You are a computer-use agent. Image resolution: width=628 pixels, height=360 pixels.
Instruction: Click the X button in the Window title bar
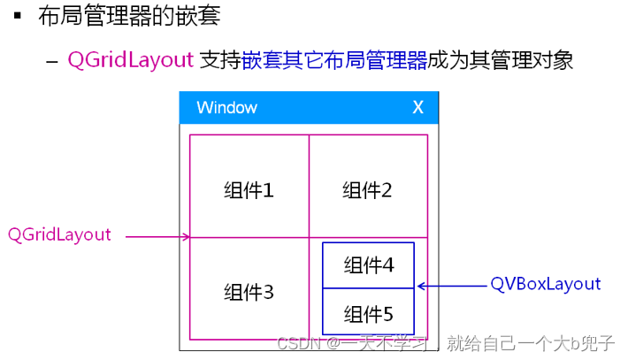(418, 108)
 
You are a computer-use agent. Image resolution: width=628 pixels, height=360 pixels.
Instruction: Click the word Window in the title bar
(226, 108)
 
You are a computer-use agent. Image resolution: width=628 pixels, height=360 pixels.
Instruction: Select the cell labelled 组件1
(249, 189)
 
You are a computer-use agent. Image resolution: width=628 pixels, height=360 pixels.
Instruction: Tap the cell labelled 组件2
(367, 189)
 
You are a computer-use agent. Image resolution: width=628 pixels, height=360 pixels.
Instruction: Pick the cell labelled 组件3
(249, 292)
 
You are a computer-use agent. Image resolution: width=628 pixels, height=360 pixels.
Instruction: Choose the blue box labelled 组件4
(368, 264)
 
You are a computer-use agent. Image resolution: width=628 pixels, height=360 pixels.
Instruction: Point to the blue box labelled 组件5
(368, 313)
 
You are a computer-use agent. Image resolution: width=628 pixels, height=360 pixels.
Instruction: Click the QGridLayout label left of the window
(59, 234)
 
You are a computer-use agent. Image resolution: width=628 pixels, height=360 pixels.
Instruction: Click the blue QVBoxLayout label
(546, 284)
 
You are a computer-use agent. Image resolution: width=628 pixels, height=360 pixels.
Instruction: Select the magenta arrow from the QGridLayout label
(157, 236)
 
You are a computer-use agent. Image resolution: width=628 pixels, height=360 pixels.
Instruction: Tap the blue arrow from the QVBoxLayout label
(451, 286)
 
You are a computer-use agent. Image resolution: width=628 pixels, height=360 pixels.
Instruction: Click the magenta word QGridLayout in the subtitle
(130, 60)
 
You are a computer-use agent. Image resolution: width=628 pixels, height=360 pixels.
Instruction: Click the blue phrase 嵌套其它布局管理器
(334, 60)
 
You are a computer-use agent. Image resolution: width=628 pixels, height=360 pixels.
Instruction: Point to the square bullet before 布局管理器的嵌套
(18, 16)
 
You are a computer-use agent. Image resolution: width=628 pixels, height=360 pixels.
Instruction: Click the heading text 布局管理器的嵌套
(129, 16)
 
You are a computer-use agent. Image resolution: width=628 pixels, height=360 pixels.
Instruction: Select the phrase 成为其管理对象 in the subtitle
(501, 60)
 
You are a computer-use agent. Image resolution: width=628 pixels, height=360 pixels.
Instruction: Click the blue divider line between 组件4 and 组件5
(368, 288)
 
